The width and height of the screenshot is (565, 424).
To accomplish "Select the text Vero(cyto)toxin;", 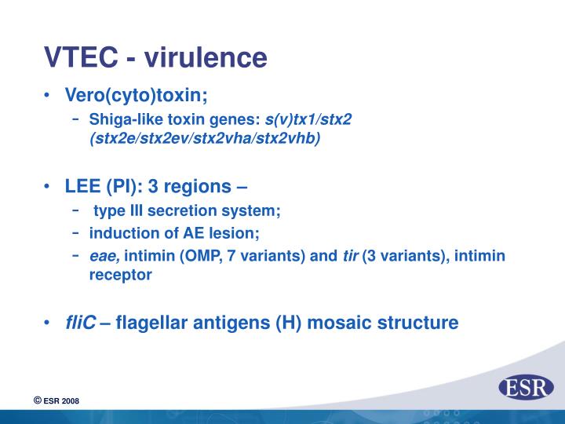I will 137,95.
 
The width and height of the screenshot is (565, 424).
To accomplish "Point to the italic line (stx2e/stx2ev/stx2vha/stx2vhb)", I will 205,138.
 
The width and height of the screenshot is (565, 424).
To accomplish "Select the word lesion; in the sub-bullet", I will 231,233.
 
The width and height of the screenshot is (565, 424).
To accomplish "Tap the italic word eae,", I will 104,256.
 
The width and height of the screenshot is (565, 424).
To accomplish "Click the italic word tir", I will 350,256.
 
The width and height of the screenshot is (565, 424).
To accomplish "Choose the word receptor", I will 120,275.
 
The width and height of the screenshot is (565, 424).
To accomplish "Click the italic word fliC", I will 81,322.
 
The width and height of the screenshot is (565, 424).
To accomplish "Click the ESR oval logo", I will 526,387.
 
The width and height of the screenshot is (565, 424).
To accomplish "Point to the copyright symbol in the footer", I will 37,401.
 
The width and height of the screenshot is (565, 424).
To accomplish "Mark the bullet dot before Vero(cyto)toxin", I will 49,96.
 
